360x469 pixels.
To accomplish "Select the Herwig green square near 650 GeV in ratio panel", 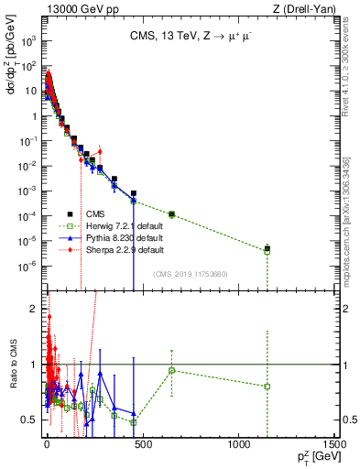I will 171,370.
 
